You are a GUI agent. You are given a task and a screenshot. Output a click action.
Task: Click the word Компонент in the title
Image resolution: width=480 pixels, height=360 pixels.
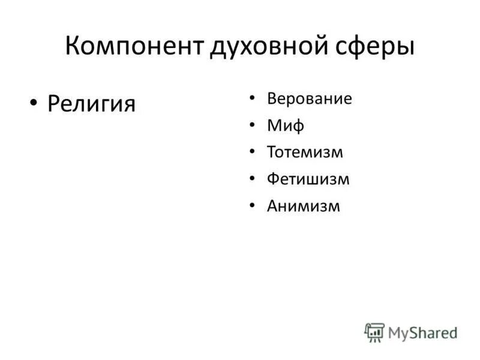(133, 46)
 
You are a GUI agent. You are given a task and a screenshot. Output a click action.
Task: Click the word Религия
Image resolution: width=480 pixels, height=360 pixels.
(91, 104)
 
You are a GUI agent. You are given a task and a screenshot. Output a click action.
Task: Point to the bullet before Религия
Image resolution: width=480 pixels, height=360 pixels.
(34, 103)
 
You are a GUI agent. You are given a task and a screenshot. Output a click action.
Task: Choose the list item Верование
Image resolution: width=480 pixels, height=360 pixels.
(310, 99)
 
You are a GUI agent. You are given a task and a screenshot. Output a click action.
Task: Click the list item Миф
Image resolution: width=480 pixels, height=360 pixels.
(286, 126)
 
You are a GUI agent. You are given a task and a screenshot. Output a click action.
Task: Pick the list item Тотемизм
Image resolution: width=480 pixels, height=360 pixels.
(305, 152)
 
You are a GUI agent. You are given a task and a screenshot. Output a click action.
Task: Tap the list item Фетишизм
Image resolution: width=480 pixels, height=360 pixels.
(308, 179)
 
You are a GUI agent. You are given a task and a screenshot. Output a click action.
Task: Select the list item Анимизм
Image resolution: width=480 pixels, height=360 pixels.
(304, 206)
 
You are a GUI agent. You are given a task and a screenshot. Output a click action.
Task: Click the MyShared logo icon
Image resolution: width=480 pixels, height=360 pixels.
(374, 332)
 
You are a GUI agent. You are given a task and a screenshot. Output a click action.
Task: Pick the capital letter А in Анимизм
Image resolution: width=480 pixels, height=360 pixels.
(272, 206)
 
